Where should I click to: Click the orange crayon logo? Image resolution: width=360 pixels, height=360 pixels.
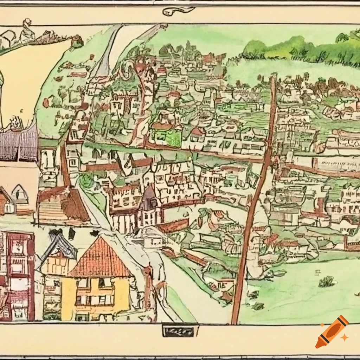[332, 332]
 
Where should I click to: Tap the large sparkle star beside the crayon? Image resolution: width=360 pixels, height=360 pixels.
[345, 337]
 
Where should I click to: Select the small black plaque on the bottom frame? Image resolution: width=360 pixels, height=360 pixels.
[180, 330]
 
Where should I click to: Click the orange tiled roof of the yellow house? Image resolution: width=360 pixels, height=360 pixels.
[99, 258]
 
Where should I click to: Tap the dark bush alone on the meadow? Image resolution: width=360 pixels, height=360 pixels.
[327, 281]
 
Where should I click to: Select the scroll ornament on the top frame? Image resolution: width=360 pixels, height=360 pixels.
[178, 11]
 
